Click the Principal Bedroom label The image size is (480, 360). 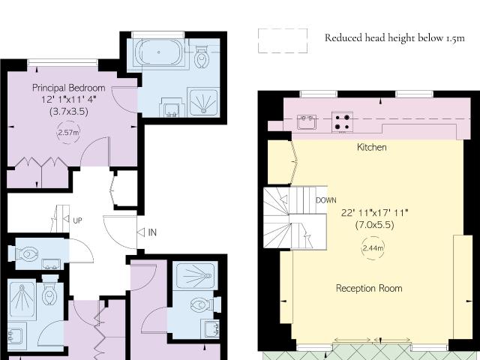coord(69,88)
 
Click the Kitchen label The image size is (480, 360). coord(372,147)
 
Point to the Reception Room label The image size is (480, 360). coord(369,288)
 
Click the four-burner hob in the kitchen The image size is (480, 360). coord(342,122)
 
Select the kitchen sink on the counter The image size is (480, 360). coord(307,121)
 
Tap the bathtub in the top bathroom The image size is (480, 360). coord(159,52)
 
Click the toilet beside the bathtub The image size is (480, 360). coord(201,57)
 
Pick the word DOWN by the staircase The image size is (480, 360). coord(326,200)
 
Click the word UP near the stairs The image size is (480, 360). coord(77,220)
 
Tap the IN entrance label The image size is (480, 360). coord(152,232)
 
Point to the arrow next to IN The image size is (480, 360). coord(141,232)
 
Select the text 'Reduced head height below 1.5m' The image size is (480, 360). coord(394,38)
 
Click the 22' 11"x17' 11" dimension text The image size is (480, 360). coord(375,213)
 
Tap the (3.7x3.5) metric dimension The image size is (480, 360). coord(69,112)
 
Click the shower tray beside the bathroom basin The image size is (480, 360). coord(203,102)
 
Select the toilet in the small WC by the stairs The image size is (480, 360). coord(26,254)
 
